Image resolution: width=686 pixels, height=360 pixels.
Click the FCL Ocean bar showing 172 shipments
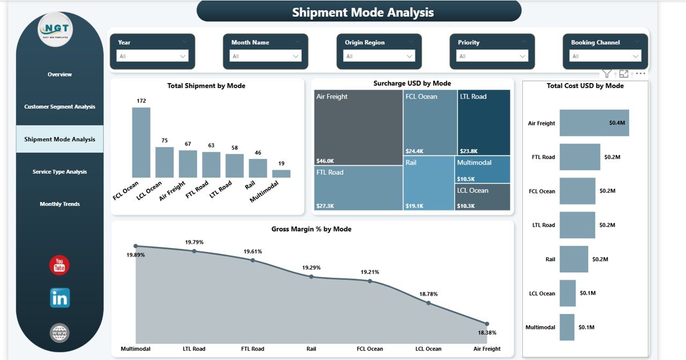click(x=141, y=142)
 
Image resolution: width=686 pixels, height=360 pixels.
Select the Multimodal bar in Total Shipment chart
click(x=281, y=174)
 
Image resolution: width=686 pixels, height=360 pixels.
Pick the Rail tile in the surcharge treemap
click(x=429, y=183)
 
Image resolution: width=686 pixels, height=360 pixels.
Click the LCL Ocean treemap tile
click(x=483, y=197)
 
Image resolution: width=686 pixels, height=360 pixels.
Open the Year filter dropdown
click(x=153, y=56)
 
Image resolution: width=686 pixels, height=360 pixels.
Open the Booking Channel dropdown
click(x=606, y=56)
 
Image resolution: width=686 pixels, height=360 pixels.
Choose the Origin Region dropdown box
click(x=379, y=56)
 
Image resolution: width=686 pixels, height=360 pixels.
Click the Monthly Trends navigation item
click(x=59, y=204)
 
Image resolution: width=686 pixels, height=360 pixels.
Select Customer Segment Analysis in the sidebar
click(x=59, y=107)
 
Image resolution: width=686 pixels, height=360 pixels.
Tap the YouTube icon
click(x=59, y=265)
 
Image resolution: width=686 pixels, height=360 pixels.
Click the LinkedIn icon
click(x=59, y=298)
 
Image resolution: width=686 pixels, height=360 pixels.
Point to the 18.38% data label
click(x=487, y=333)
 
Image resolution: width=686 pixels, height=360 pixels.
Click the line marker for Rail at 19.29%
click(x=311, y=277)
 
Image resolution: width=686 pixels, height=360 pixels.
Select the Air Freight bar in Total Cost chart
click(x=594, y=123)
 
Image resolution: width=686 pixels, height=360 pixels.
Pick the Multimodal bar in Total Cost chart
click(x=566, y=327)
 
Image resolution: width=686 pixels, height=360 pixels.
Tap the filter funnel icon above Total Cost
click(x=606, y=74)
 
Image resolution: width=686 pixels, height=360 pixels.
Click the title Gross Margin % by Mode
click(x=311, y=229)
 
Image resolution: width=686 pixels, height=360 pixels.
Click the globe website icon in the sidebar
click(x=59, y=333)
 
